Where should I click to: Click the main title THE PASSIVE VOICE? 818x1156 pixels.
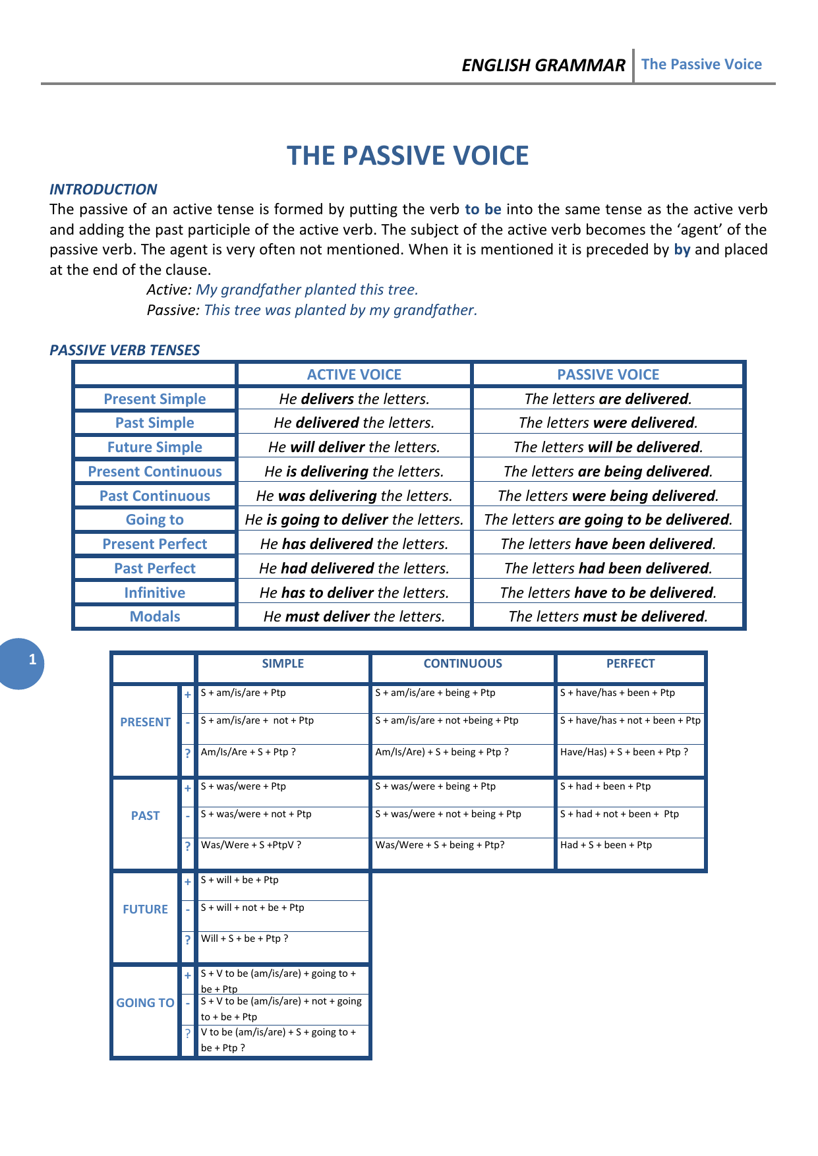(x=407, y=156)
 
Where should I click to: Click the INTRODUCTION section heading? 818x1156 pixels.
(x=103, y=189)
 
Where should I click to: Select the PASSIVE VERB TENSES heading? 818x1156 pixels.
(x=125, y=350)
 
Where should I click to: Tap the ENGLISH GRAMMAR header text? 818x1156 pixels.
(x=543, y=65)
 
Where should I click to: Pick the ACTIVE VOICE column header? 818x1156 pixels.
(x=354, y=374)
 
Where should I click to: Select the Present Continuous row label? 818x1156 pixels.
(x=155, y=471)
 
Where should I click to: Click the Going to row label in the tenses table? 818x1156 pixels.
(x=155, y=519)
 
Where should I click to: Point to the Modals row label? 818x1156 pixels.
(x=155, y=616)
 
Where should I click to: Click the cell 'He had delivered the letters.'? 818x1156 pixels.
(x=354, y=568)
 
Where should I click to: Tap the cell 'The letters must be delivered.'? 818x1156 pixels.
(x=608, y=616)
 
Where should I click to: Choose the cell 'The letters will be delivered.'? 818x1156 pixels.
(x=608, y=447)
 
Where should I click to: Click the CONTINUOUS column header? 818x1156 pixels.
(x=463, y=664)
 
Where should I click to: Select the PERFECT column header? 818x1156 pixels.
(x=630, y=664)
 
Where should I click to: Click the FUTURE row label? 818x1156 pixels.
(x=145, y=910)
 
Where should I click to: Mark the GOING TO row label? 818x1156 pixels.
(x=145, y=1003)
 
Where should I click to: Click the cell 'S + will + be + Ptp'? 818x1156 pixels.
(x=240, y=880)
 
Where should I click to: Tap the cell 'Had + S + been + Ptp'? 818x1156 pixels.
(x=606, y=845)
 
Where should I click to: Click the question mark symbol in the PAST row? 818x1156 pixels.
(x=188, y=846)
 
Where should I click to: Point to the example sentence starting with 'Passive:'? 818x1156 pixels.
(x=312, y=310)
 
